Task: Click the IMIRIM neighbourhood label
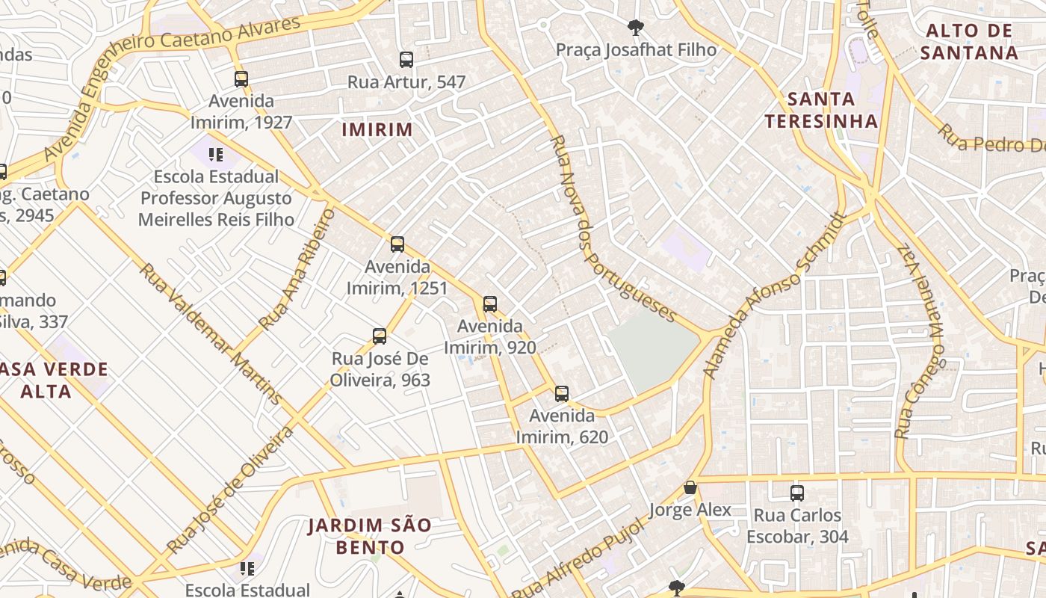pos(377,129)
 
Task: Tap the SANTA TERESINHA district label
pos(821,110)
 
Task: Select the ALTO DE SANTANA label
pos(968,42)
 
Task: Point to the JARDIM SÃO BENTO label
pos(370,536)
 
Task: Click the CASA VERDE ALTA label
pos(55,380)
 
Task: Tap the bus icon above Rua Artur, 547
pos(406,60)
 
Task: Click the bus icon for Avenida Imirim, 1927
pos(241,78)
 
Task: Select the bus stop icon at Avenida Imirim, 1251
pos(397,244)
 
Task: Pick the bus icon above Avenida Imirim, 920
pos(490,304)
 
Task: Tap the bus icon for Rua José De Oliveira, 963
pos(380,336)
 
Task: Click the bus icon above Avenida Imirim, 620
pos(562,394)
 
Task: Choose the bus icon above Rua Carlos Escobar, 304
pos(797,493)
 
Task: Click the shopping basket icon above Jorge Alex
pos(690,488)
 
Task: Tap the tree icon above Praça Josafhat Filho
pos(636,28)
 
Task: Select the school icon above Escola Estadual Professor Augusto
pos(216,155)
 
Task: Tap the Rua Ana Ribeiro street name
pos(297,270)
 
